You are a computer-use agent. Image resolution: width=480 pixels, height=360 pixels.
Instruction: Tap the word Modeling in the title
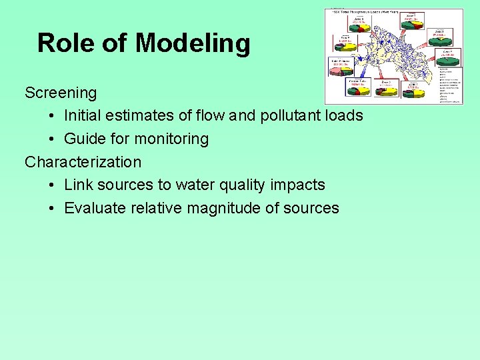[193, 44]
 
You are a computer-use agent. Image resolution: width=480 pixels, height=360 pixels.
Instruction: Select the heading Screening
[61, 93]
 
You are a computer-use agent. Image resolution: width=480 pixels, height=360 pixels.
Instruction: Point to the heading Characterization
[83, 162]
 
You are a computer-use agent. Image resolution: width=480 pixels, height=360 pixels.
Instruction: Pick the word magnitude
[223, 208]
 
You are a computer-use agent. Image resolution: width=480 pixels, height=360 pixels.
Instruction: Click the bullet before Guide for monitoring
[52, 139]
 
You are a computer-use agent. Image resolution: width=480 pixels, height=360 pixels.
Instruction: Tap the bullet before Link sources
[52, 185]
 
